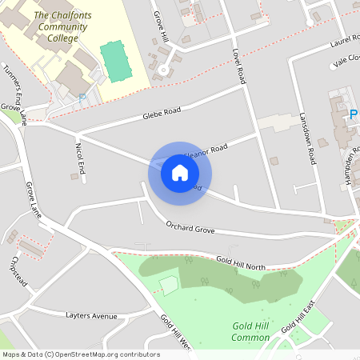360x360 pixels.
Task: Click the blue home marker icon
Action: point(180,173)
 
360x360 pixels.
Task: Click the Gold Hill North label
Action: point(240,262)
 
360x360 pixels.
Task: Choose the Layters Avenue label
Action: point(91,316)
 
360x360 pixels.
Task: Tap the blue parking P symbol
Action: point(354,116)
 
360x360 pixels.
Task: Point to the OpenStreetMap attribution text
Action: point(80,354)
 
